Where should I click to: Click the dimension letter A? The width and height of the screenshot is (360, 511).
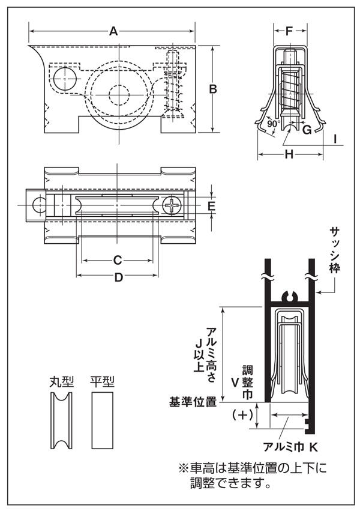[113, 31]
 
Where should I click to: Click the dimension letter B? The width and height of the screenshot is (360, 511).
[213, 89]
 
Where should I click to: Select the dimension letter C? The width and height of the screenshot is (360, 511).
[118, 260]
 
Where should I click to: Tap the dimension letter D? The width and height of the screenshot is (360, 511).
[119, 277]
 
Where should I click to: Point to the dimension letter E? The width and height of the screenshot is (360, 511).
[212, 206]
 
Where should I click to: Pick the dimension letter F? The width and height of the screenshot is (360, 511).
[289, 31]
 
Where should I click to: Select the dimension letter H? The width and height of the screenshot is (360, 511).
[289, 154]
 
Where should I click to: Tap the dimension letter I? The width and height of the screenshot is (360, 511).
[335, 139]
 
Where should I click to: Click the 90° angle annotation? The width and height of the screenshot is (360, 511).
[274, 124]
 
